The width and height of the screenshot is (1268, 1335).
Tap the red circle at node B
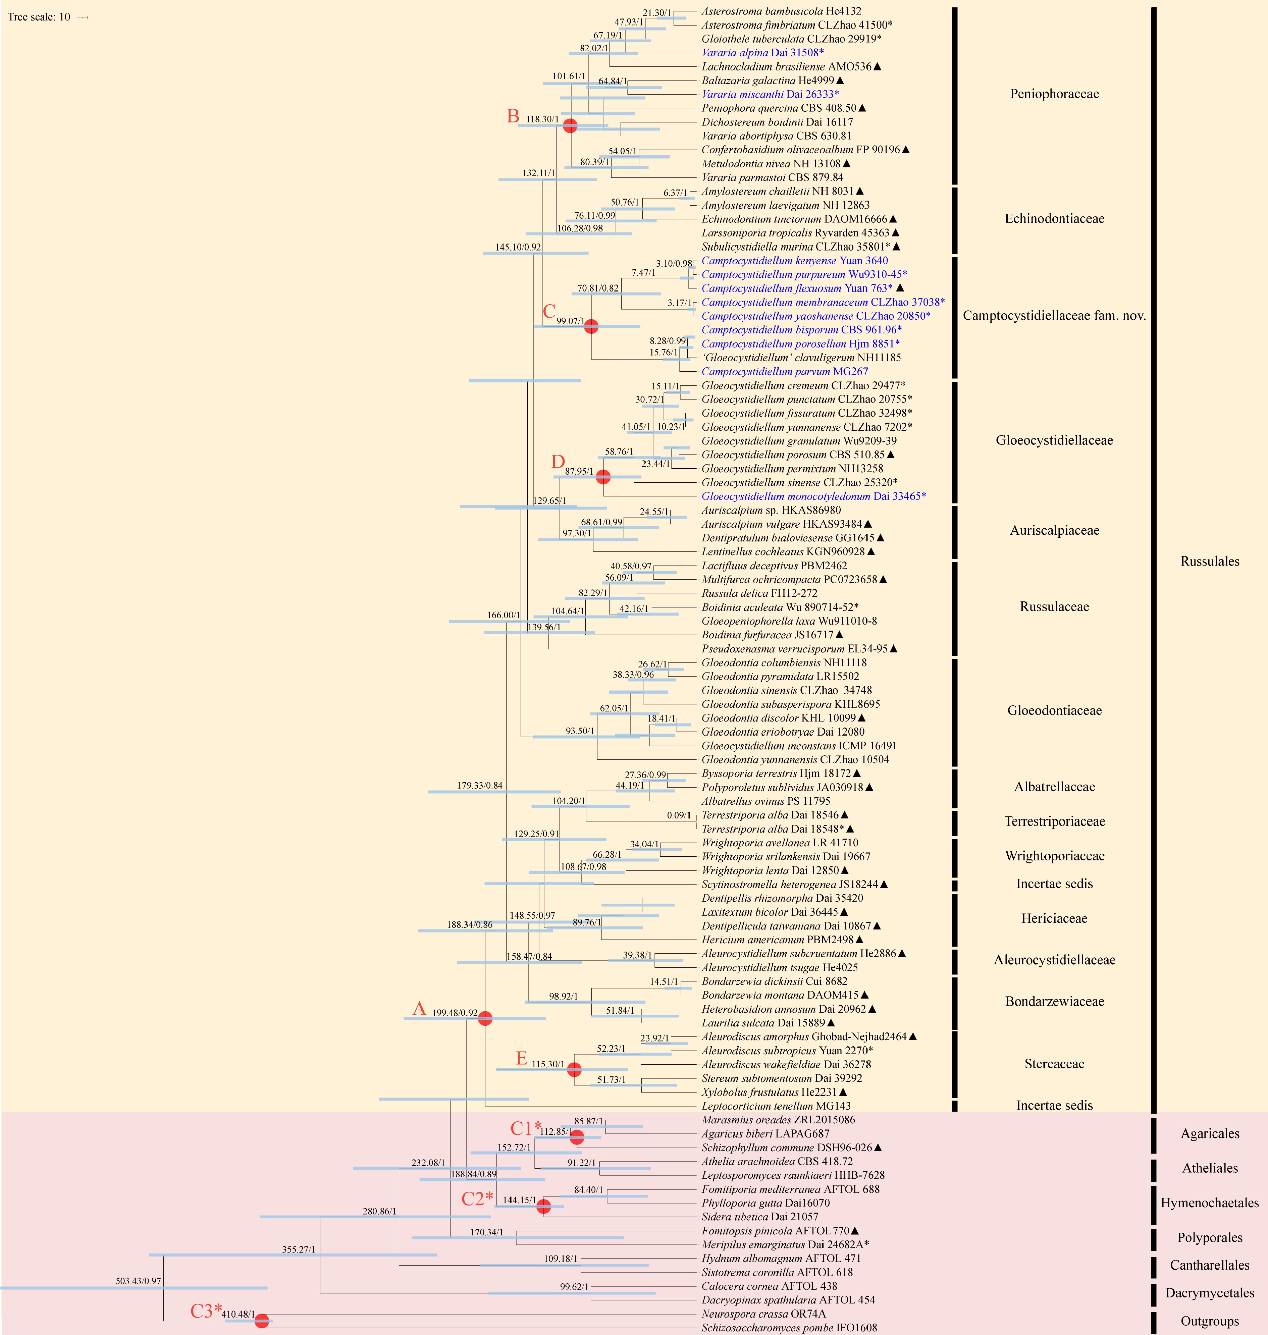571,125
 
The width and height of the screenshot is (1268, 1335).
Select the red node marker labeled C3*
262,1320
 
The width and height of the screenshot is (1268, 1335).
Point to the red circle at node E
574,1069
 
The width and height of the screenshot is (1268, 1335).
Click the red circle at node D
603,477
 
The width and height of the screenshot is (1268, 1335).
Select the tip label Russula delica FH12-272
759,593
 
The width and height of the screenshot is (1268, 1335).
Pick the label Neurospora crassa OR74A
763,1314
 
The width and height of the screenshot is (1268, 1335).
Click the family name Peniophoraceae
1054,94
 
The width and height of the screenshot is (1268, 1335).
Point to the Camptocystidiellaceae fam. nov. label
1054,316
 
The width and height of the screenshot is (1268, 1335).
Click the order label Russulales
1210,561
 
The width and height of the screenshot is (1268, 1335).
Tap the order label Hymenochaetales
1210,1203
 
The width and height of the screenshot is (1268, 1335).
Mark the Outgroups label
1210,1321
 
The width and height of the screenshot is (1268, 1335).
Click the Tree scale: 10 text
39,17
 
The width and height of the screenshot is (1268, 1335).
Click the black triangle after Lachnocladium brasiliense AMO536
877,66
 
